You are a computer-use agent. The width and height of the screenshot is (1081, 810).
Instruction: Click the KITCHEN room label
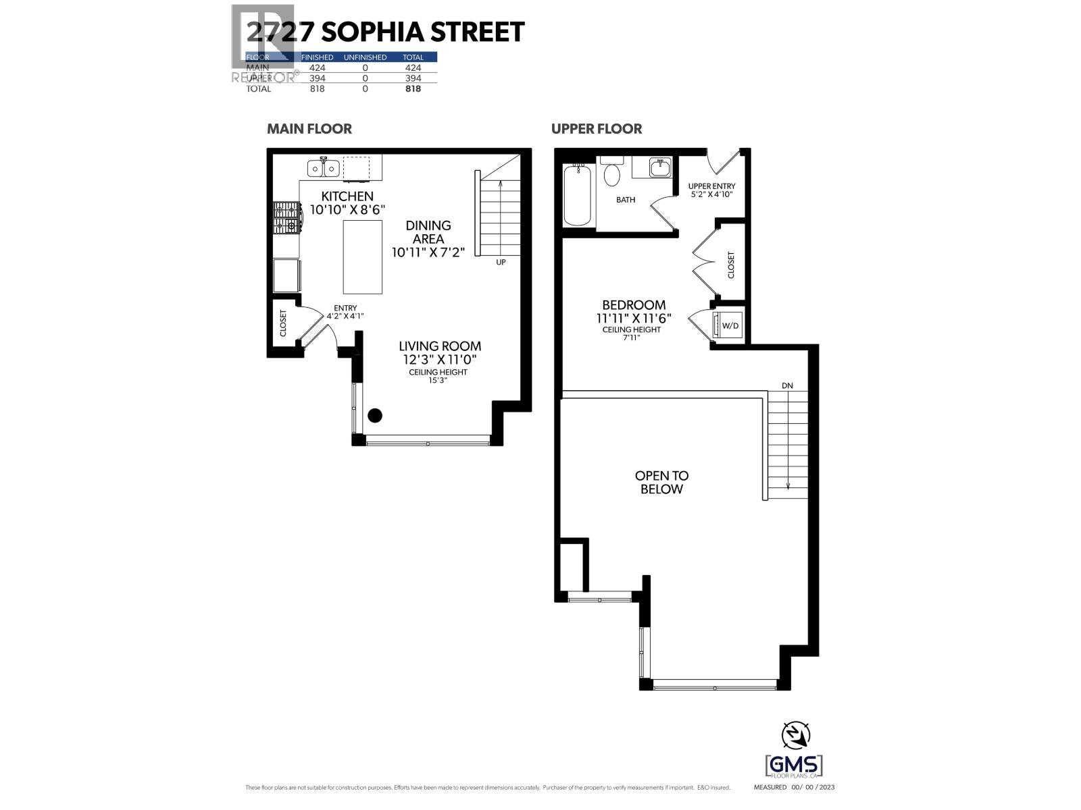pyautogui.click(x=347, y=196)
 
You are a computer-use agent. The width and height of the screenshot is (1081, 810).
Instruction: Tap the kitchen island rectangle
pyautogui.click(x=363, y=257)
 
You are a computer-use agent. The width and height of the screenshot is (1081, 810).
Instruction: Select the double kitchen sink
pyautogui.click(x=323, y=167)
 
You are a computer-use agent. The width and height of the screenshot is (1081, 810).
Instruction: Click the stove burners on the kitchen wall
pyautogui.click(x=286, y=217)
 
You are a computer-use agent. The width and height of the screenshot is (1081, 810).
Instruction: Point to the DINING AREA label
pyautogui.click(x=428, y=232)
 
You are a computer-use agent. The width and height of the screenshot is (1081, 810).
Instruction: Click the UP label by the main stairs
pyautogui.click(x=501, y=262)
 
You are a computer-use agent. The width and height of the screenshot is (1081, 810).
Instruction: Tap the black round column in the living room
pyautogui.click(x=375, y=416)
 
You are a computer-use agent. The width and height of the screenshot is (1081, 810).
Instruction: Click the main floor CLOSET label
pyautogui.click(x=283, y=323)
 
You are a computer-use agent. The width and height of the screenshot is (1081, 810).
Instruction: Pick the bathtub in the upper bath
pyautogui.click(x=578, y=195)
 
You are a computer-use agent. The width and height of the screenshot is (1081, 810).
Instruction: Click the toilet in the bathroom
pyautogui.click(x=612, y=173)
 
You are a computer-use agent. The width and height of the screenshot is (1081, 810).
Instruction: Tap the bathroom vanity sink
pyautogui.click(x=659, y=167)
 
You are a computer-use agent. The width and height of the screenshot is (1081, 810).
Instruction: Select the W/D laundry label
pyautogui.click(x=730, y=326)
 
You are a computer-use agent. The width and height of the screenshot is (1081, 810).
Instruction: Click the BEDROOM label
pyautogui.click(x=634, y=305)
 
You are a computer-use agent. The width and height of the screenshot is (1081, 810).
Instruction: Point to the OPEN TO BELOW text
pyautogui.click(x=661, y=482)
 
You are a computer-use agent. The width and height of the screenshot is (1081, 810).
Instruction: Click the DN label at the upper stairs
pyautogui.click(x=787, y=385)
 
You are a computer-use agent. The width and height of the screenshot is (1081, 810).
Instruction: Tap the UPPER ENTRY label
pyautogui.click(x=711, y=186)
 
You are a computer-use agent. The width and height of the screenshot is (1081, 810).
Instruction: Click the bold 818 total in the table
pyautogui.click(x=413, y=88)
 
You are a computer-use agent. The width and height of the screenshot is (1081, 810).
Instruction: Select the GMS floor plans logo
pyautogui.click(x=794, y=766)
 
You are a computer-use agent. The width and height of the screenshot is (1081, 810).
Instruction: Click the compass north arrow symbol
pyautogui.click(x=795, y=735)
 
